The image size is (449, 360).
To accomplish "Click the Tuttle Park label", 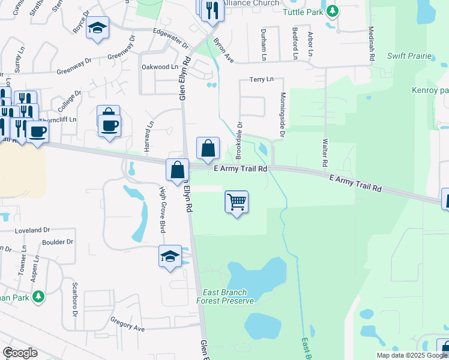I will (303, 11).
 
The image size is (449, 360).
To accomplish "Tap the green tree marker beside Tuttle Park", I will (331, 11).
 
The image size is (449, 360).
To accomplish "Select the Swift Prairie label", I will (410, 56).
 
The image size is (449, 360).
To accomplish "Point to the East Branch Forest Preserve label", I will (226, 296).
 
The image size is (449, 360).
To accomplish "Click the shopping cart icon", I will (237, 202).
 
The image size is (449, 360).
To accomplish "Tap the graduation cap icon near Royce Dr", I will (97, 28).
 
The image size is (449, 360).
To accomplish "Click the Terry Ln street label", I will (261, 79).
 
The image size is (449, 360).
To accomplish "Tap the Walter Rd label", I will (325, 154).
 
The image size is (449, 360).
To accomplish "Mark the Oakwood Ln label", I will (159, 67).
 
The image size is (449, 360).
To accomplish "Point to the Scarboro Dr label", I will (76, 299).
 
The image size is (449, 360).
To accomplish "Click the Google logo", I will (20, 353).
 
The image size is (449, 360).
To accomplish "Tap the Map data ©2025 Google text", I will (411, 355).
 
